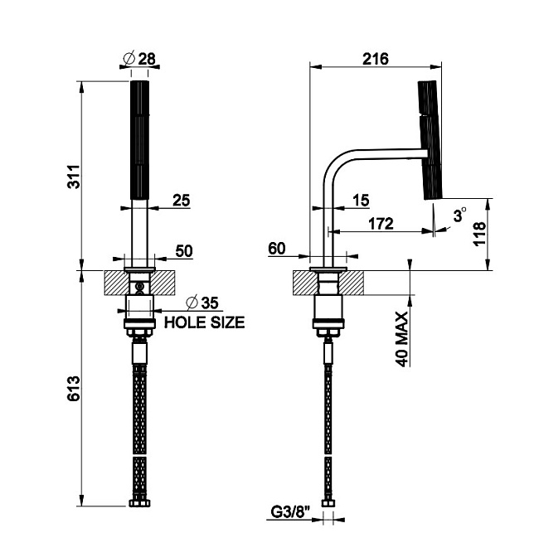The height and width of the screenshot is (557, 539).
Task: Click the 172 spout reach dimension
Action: click(381, 224)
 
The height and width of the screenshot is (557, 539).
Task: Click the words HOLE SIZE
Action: click(204, 322)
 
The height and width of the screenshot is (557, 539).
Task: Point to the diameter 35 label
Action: click(205, 303)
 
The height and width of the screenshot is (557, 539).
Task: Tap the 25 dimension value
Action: click(182, 200)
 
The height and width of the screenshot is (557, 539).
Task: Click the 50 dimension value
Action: click(183, 251)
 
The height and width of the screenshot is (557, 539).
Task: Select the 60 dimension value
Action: click(278, 248)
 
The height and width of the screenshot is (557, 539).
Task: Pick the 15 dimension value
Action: click(361, 200)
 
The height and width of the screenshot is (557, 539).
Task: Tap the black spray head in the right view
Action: click(430, 139)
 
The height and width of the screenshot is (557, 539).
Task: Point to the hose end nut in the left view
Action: click(139, 502)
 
